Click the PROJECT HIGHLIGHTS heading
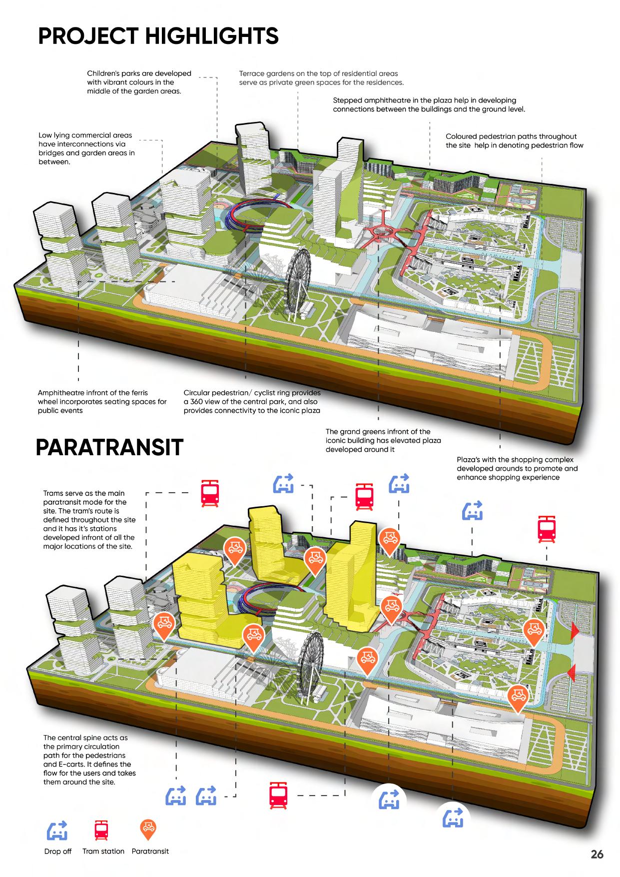coord(158,36)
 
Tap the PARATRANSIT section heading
coord(109,447)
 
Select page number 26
coord(597,854)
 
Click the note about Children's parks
coord(139,82)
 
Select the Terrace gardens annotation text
coord(321,78)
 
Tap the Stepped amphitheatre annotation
coord(429,104)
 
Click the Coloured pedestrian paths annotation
coord(514,140)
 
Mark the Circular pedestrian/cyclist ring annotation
coord(252,402)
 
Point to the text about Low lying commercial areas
coord(86,148)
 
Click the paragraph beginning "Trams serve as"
coord(89,520)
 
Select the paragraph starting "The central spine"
coord(89,760)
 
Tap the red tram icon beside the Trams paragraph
coord(210,494)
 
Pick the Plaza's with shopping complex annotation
coord(517,468)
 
